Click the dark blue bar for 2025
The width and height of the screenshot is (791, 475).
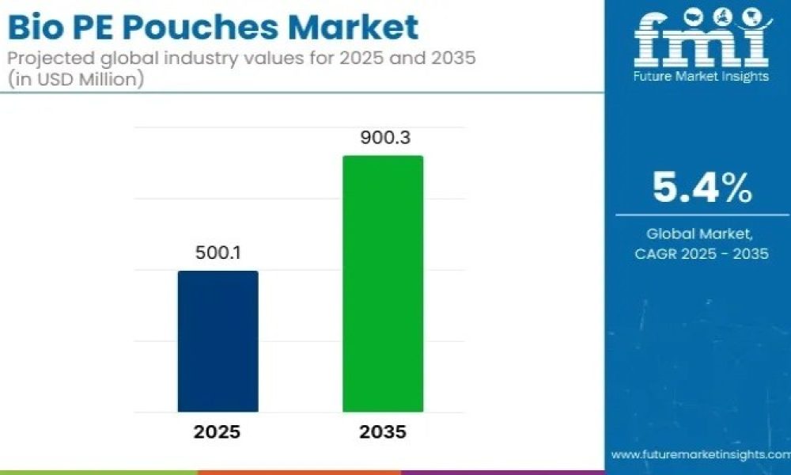pos(218,341)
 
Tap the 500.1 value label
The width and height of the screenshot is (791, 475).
pos(218,253)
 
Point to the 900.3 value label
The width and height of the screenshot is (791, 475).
pos(383,138)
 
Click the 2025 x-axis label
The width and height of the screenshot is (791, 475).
pos(218,432)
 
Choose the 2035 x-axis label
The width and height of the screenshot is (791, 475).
pos(383,432)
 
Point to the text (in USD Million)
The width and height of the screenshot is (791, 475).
pos(75,80)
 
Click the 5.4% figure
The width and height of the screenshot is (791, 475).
pos(701,188)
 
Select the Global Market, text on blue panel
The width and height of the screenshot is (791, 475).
pos(700,234)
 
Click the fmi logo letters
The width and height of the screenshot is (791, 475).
pos(700,40)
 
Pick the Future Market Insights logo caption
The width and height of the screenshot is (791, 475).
pos(700,77)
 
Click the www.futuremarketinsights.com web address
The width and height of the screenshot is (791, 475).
pos(700,454)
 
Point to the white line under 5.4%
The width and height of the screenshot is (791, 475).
pos(701,215)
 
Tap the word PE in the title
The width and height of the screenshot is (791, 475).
pos(93,28)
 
